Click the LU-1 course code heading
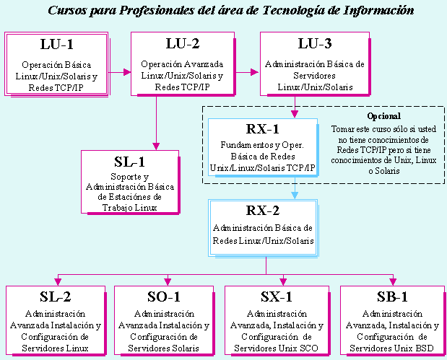pyautogui.click(x=57, y=44)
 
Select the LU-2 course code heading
pyautogui.click(x=183, y=43)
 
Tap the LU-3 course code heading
pyautogui.click(x=315, y=43)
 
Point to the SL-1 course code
pyautogui.click(x=130, y=162)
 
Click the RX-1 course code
pyautogui.click(x=263, y=129)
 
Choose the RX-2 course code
pyautogui.click(x=263, y=211)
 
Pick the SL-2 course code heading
pyautogui.click(x=56, y=297)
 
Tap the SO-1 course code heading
pyautogui.click(x=164, y=297)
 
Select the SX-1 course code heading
pyautogui.click(x=277, y=297)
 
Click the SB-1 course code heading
pyautogui.click(x=392, y=297)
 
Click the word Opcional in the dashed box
pyautogui.click(x=383, y=116)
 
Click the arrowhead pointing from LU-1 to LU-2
pyautogui.click(x=127, y=72)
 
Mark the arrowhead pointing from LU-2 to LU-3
pyautogui.click(x=255, y=72)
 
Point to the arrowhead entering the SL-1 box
pyautogui.click(x=156, y=146)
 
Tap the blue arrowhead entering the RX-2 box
pyautogui.click(x=295, y=196)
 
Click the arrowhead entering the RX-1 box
pyautogui.click(x=295, y=114)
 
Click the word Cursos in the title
pyautogui.click(x=67, y=11)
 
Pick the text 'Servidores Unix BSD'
pyautogui.click(x=391, y=348)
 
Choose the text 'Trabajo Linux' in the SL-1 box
pyautogui.click(x=130, y=208)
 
